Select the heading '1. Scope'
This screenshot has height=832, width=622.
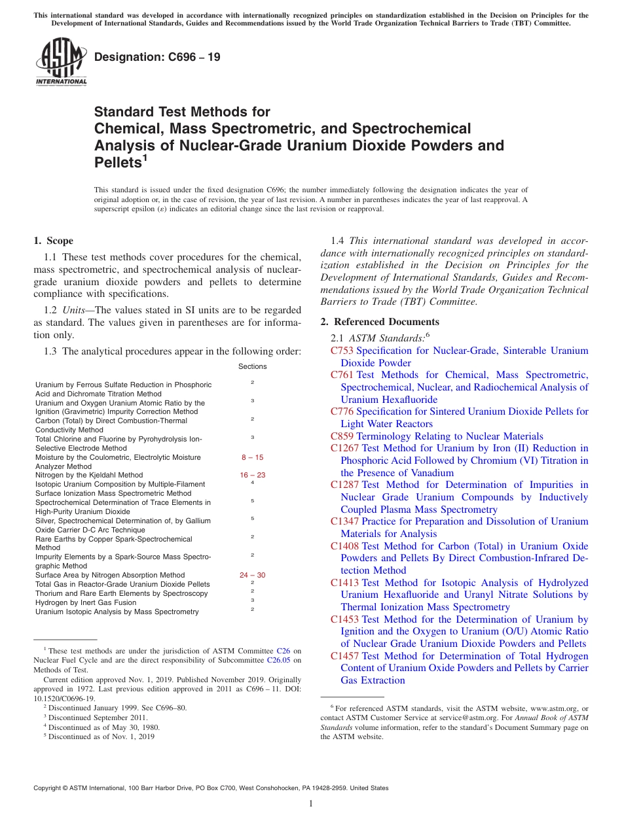coord(54,241)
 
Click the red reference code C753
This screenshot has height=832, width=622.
coord(342,351)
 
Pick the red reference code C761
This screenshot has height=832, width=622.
coord(342,375)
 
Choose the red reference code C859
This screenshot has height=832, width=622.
coord(342,436)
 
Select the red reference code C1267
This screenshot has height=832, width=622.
coord(344,448)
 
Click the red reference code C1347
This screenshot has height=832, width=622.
coord(344,521)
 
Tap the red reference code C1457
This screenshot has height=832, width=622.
coord(344,656)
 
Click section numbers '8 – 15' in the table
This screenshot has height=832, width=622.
coord(252,457)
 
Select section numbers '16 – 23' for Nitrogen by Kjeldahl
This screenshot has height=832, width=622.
coord(252,476)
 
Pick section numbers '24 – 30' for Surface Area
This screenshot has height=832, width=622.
coord(252,575)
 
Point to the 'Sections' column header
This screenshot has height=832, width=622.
coord(252,366)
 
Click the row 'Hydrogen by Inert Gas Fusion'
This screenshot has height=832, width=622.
coord(86,602)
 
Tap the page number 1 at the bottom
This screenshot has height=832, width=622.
coord(311,804)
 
